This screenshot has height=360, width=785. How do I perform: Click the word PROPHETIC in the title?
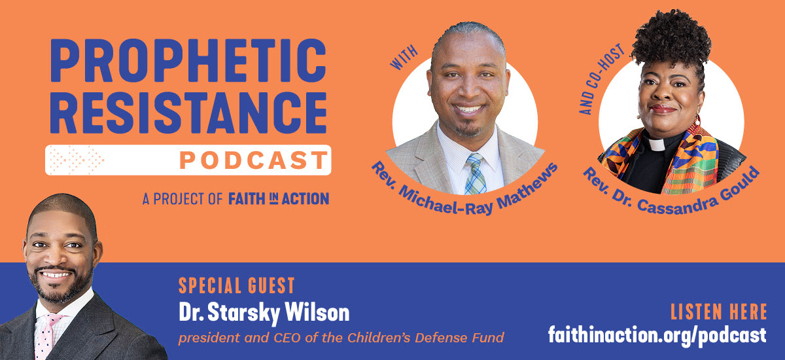click(x=188, y=61)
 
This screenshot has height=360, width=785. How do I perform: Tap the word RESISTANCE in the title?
click(x=188, y=113)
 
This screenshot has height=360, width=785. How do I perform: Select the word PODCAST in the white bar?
click(x=253, y=160)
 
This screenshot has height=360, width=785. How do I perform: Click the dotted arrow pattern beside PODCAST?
click(x=77, y=160)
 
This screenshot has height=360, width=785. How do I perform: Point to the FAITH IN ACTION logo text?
click(x=279, y=198)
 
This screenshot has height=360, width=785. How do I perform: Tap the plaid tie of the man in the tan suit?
click(x=475, y=173)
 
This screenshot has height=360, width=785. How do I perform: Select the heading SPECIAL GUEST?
click(x=237, y=285)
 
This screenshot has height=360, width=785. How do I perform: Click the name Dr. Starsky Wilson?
click(x=264, y=312)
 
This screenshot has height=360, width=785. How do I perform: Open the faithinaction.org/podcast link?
click(x=657, y=335)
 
